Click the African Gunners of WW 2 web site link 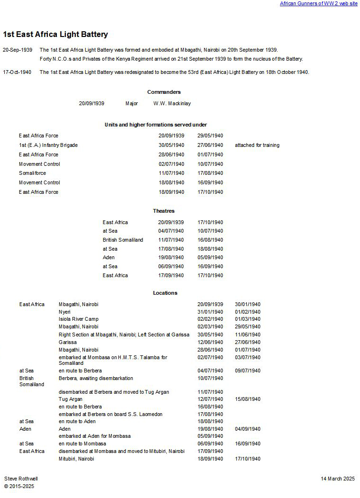coord(318,3)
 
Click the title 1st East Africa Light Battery coord(55,35)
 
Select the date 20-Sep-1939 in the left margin coord(18,50)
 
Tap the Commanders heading coord(164,92)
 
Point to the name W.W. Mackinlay coord(172,103)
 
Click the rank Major coord(132,103)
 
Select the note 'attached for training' coord(257,145)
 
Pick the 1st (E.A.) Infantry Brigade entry coord(48,145)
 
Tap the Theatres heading coord(163,211)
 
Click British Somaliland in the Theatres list coord(123,240)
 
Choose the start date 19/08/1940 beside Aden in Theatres coord(171,257)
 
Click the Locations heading coord(165,293)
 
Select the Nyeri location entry coord(64,312)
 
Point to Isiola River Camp coord(79,319)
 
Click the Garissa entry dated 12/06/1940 coord(68,342)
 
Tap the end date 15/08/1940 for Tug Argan coord(247,399)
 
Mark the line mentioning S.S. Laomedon coord(110,414)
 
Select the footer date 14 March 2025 coord(337,479)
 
